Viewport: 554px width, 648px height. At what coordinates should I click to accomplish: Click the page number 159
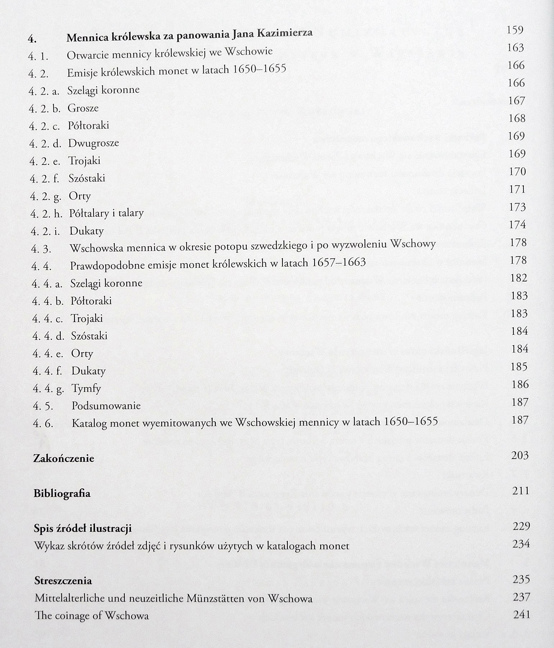coord(515,30)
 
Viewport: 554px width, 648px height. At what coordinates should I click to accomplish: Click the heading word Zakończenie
coord(64,458)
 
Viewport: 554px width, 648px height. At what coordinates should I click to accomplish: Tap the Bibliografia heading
coord(62,493)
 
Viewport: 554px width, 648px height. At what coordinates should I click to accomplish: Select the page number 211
coord(521,491)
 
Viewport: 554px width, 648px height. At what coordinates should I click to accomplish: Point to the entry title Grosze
coord(83,108)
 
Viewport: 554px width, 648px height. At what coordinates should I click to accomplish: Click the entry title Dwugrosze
coord(94,143)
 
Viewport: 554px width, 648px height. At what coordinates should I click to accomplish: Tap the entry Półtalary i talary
coord(106,213)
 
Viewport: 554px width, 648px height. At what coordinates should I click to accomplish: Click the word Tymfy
coord(86,388)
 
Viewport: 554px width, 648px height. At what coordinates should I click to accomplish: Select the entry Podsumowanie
coord(106,406)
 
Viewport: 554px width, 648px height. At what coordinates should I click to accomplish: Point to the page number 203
coord(520,456)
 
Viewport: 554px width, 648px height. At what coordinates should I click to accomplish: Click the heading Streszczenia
coord(63,581)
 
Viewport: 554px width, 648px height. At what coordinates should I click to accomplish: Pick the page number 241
coord(522,614)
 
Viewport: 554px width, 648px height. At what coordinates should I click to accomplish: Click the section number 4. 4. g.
coord(48,389)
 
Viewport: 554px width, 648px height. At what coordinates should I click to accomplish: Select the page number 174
coord(518,225)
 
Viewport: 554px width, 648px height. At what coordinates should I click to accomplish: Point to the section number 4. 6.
coord(43,424)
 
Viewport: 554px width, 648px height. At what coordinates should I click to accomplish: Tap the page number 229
coord(521,526)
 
